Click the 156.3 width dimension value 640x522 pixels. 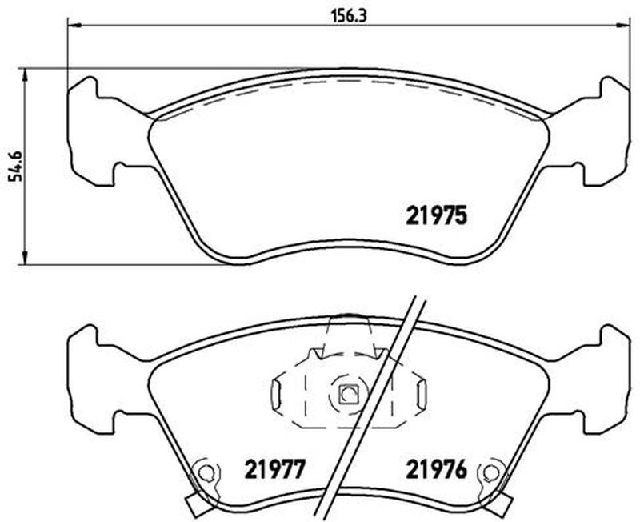click(349, 16)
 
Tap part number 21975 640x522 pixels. click(436, 215)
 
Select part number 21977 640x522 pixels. click(274, 469)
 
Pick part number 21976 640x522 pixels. click(436, 469)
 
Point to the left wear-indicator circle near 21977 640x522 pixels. click(206, 472)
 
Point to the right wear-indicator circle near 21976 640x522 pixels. click(490, 472)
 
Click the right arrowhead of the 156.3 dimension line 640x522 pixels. click(622, 26)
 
